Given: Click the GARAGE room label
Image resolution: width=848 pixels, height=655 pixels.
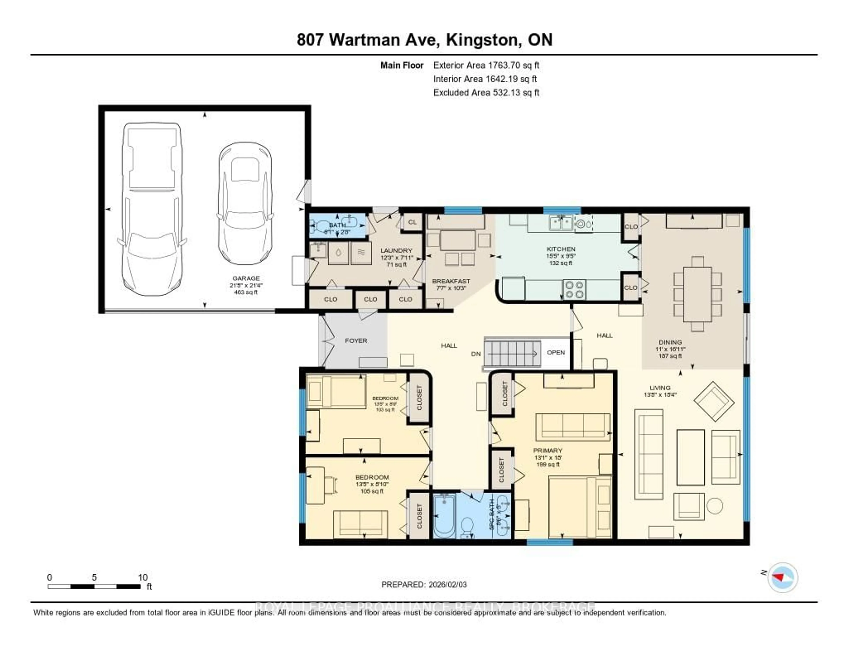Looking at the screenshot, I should [246, 278].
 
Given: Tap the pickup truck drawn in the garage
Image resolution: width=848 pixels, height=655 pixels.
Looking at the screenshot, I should [151, 210].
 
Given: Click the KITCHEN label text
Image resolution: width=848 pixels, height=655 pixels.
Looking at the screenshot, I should [561, 249].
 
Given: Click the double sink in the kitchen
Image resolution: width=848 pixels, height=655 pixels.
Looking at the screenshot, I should [561, 223].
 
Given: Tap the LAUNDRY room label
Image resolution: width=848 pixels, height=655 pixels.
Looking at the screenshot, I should [396, 250].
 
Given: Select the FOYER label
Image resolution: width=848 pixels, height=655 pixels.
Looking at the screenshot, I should [356, 341].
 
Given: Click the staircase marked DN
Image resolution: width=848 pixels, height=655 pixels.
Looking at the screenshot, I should [512, 353].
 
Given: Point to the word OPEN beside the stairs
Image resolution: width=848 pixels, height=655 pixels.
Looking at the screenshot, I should [556, 352].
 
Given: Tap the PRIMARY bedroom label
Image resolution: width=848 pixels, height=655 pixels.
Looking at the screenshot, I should [547, 450].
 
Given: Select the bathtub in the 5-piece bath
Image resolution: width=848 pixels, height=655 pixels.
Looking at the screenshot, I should [444, 515].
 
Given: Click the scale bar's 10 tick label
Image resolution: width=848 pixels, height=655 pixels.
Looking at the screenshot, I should [142, 577].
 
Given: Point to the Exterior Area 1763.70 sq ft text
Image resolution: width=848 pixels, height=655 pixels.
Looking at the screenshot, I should [486, 65].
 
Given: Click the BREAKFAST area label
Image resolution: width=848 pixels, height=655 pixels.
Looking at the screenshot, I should [451, 281].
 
